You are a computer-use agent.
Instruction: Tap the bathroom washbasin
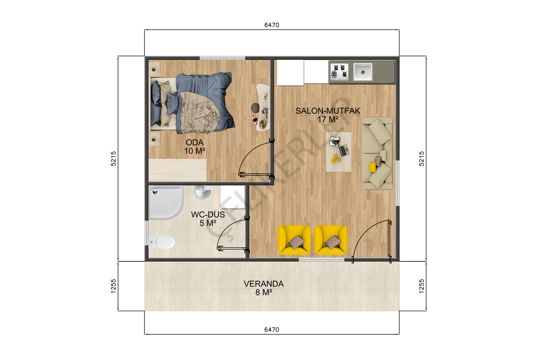tap(203, 192)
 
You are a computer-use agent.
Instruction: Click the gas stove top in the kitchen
tap(339, 72)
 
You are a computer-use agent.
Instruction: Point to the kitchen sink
tap(363, 72)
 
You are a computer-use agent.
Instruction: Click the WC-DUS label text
tap(208, 214)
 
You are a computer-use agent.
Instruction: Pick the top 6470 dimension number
tap(272, 25)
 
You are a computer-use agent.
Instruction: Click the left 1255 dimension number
tap(113, 286)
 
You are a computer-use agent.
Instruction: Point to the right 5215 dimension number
tap(421, 159)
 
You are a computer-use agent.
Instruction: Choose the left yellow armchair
tap(294, 240)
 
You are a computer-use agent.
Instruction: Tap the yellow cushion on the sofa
tap(373, 167)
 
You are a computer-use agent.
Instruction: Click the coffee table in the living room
tap(338, 152)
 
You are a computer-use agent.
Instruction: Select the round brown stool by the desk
tap(255, 108)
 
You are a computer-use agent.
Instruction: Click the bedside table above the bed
tap(154, 69)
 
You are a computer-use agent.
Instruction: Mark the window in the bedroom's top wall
tap(222, 58)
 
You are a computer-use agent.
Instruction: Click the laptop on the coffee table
tap(344, 150)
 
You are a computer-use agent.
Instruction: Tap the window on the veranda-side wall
tap(321, 260)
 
